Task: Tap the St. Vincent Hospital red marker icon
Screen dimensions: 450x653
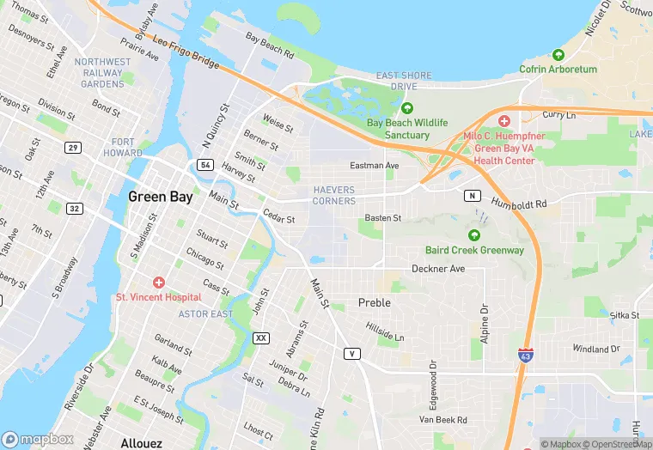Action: click(x=158, y=283)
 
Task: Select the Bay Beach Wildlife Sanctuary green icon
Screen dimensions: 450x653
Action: click(x=407, y=108)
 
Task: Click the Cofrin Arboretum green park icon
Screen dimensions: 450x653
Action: click(x=558, y=55)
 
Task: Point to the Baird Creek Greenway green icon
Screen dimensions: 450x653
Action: click(x=473, y=235)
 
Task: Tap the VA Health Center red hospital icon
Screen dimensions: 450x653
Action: click(x=504, y=121)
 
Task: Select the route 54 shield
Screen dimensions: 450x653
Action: click(x=204, y=164)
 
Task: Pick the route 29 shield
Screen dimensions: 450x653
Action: click(x=74, y=148)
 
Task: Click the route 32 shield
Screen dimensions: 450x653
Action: click(x=76, y=209)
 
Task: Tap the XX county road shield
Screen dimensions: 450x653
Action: click(x=261, y=338)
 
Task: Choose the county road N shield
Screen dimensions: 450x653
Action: click(x=472, y=196)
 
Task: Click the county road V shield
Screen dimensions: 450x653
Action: click(x=351, y=353)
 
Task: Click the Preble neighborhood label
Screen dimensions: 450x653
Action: click(x=374, y=303)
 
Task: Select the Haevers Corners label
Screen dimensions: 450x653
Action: click(x=334, y=195)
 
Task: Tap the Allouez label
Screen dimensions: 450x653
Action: click(x=142, y=443)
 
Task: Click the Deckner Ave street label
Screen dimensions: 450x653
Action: click(x=438, y=269)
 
